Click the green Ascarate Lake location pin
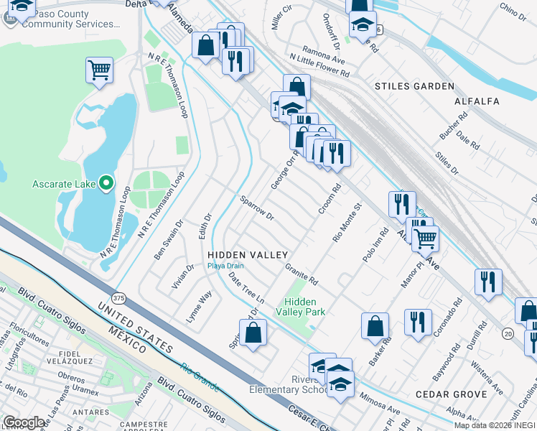[106, 184]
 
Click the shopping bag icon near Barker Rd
[375, 326]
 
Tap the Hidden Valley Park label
[305, 307]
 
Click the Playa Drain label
[226, 266]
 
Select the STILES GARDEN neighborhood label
[414, 86]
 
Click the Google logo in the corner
[24, 422]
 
